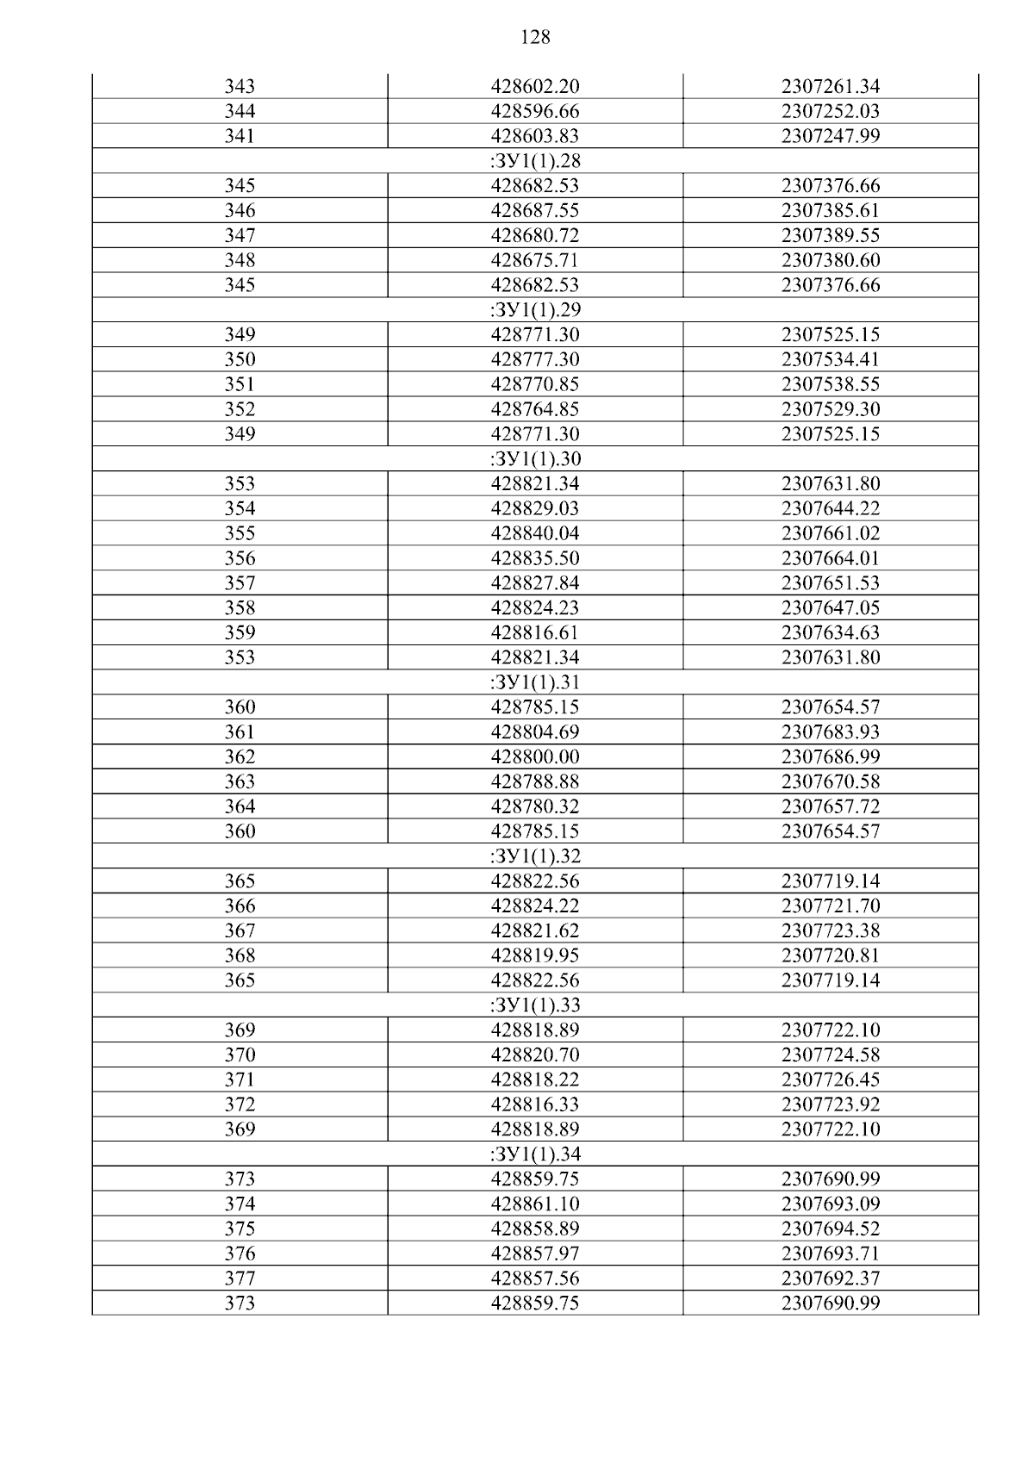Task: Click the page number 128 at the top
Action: pyautogui.click(x=535, y=37)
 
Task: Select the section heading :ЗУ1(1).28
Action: pyautogui.click(x=535, y=161)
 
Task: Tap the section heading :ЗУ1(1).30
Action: pyautogui.click(x=535, y=459)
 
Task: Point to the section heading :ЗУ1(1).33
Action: pyautogui.click(x=535, y=1005)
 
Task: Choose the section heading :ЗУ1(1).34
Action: pyautogui.click(x=535, y=1154)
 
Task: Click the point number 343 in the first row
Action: pyautogui.click(x=240, y=87)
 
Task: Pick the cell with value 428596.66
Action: pyautogui.click(x=535, y=112)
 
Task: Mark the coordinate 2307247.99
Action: pyautogui.click(x=831, y=136)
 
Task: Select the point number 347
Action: pyautogui.click(x=240, y=236)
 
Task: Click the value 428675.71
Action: pyautogui.click(x=535, y=261)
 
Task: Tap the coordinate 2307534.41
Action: pyautogui.click(x=831, y=360)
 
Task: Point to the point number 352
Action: pyautogui.click(x=240, y=410)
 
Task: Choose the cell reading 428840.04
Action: pyautogui.click(x=535, y=534)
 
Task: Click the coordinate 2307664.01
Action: pyautogui.click(x=831, y=559)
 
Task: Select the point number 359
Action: pyautogui.click(x=240, y=633)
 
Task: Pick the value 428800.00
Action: pyautogui.click(x=535, y=757)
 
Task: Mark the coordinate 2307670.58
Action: pyautogui.click(x=831, y=782)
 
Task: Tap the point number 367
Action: pyautogui.click(x=240, y=931)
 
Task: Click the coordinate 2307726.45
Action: pyautogui.click(x=831, y=1080)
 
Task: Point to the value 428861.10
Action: pyautogui.click(x=535, y=1204)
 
